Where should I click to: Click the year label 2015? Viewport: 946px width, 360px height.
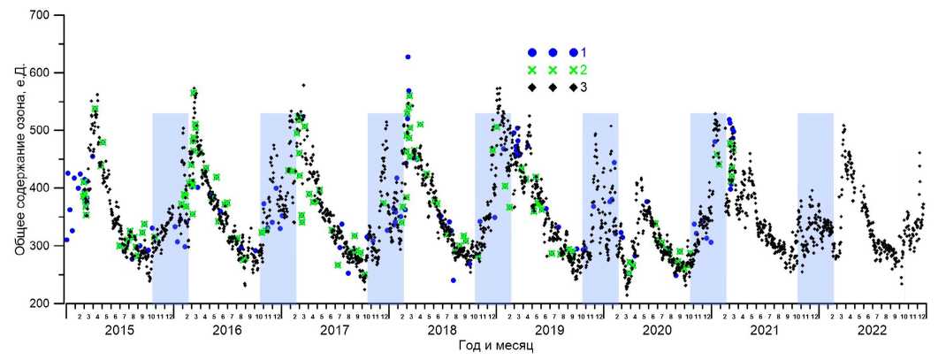click(119, 331)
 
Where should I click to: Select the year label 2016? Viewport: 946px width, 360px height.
click(227, 331)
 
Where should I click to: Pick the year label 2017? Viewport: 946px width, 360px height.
click(334, 331)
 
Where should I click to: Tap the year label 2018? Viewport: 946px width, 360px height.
click(442, 331)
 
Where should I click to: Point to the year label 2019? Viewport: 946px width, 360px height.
click(549, 331)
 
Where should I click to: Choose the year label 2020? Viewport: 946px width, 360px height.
click(657, 331)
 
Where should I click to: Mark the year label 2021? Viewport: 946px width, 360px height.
click(764, 331)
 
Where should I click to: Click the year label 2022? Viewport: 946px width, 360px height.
click(872, 331)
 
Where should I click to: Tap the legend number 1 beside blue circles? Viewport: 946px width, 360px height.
click(584, 53)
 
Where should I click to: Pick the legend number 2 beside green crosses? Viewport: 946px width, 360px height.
click(584, 70)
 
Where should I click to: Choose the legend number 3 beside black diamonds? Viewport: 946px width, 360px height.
click(584, 88)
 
